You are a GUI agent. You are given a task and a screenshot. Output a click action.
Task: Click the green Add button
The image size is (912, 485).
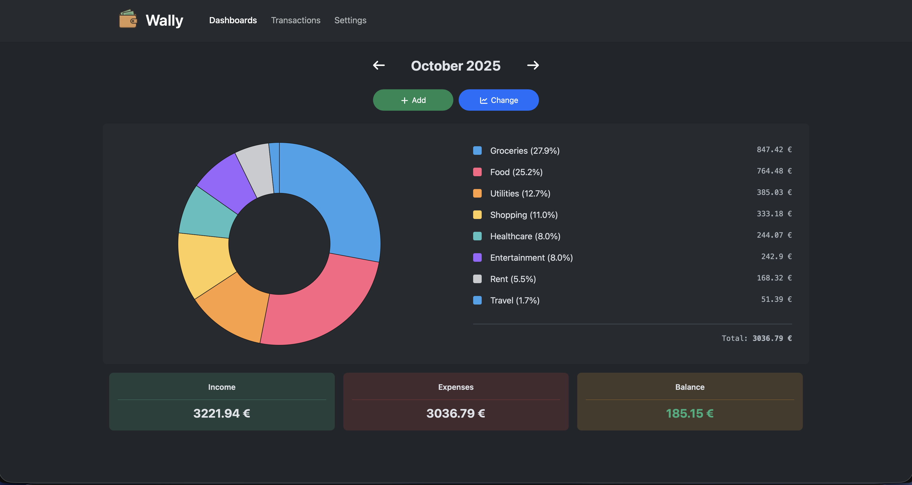413,100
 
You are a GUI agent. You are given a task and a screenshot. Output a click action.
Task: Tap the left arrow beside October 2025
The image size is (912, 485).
379,66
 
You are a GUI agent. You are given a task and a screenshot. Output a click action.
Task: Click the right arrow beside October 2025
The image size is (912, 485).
533,66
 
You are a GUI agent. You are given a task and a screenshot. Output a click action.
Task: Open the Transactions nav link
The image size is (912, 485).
296,20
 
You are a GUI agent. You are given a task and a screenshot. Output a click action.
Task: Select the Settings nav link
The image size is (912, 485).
350,20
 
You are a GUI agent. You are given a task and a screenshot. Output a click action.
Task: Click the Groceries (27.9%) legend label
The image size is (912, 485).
525,151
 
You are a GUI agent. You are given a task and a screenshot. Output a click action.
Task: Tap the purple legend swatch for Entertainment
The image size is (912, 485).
477,257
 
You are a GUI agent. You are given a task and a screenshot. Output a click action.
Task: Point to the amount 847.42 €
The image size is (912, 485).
774,150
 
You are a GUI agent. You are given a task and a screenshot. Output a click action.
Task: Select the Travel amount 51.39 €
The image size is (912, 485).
776,299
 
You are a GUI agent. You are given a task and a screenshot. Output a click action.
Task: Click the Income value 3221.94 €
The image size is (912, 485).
222,413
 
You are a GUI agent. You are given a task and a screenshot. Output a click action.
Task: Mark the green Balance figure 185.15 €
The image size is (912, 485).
689,413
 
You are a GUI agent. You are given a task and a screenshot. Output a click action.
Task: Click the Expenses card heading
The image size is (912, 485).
456,387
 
